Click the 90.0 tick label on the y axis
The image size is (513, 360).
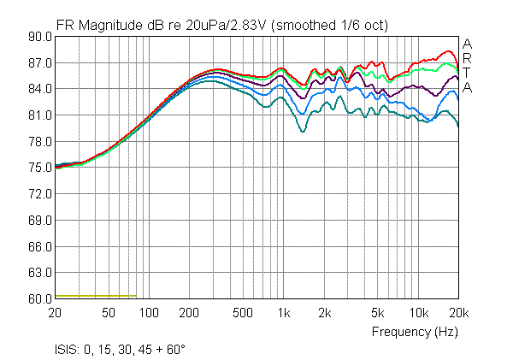[40, 37]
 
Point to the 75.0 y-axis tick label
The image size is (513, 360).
[40, 168]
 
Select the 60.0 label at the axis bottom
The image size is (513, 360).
[40, 299]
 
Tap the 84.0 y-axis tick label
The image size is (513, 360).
[40, 89]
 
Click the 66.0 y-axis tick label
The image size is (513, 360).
[40, 247]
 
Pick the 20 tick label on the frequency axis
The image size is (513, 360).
[56, 313]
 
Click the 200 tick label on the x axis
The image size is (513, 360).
[191, 313]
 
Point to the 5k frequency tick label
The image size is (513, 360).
[378, 313]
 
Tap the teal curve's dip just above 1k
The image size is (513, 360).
[303, 132]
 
